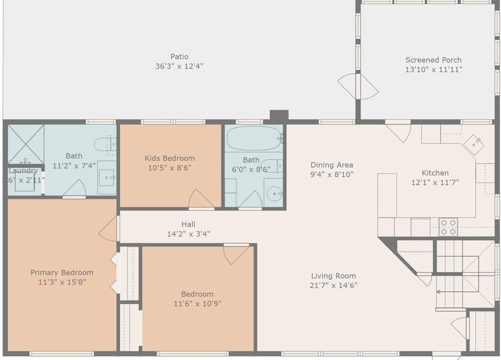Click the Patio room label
pos(179,57)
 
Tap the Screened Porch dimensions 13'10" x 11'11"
pos(433,70)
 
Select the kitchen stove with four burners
pos(448,227)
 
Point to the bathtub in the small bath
pos(254,139)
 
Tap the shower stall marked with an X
pos(26,144)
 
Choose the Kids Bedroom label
pos(170,158)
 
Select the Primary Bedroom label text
pos(62,273)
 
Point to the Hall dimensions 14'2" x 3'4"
pos(188,234)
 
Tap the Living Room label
pos(333,276)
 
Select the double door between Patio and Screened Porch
pos(358,86)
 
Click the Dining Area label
pos(331,165)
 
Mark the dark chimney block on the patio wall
pos(279,115)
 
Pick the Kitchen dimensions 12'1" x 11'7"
pos(435,182)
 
